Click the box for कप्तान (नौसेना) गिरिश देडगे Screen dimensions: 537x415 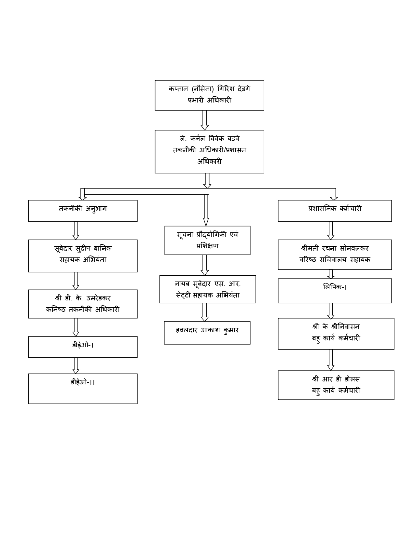click(209, 95)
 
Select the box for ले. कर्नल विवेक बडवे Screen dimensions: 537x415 click(209, 151)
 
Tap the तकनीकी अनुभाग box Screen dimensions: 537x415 click(83, 211)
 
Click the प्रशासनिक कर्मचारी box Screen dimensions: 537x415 click(335, 211)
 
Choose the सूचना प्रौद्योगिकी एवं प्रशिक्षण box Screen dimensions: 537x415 click(207, 240)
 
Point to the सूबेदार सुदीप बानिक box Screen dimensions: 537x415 click(83, 255)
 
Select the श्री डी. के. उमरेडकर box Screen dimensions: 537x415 click(83, 304)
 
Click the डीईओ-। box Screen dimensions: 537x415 click(83, 347)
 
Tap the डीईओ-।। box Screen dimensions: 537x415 click(83, 388)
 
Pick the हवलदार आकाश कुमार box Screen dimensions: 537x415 click(207, 333)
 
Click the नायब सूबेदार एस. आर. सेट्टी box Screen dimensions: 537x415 click(207, 289)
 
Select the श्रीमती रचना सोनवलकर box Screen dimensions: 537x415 click(335, 255)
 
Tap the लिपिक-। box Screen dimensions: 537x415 click(335, 291)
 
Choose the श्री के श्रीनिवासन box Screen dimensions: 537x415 click(336, 334)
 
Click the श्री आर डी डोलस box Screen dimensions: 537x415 click(336, 385)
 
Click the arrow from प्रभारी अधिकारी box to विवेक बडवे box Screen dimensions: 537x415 click(205, 120)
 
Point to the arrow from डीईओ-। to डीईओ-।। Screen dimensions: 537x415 click(76, 365)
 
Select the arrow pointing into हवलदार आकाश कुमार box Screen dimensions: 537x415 click(205, 312)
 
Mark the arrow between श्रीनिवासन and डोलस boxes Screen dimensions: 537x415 click(331, 360)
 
